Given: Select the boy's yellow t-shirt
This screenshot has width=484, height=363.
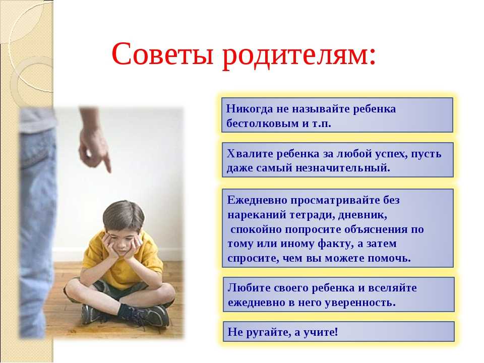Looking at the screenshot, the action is (x=124, y=262).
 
